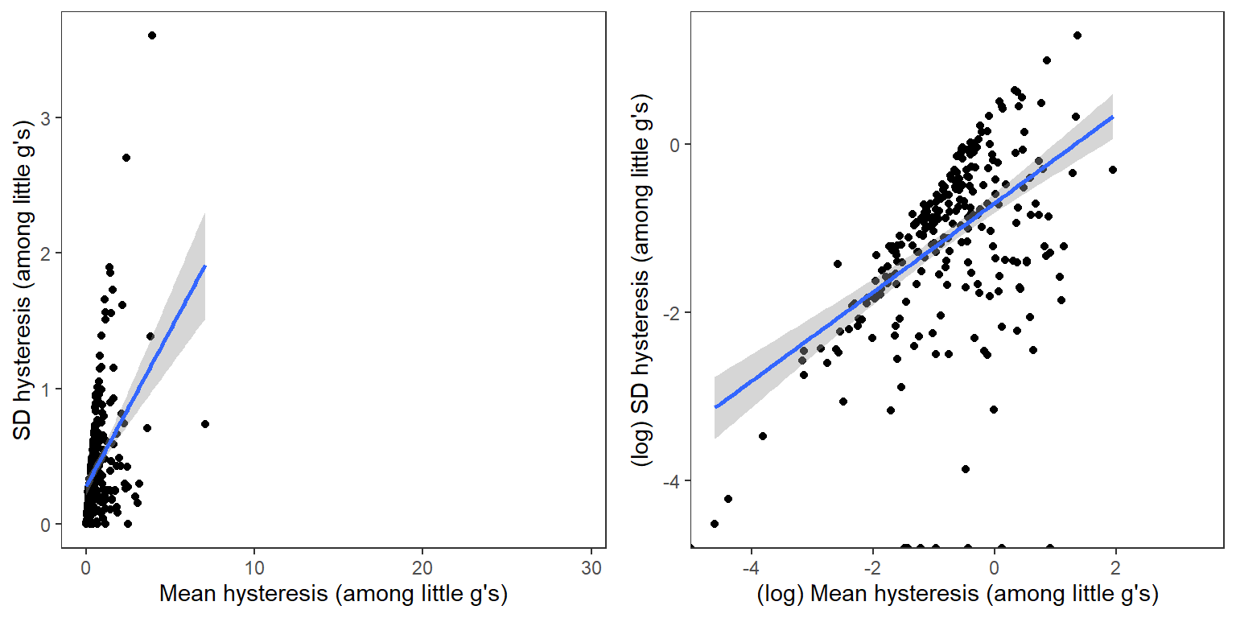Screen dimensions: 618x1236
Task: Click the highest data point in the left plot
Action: pyautogui.click(x=152, y=35)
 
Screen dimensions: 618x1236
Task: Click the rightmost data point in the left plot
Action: pyautogui.click(x=205, y=424)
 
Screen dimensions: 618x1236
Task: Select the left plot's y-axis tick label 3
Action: pyautogui.click(x=47, y=118)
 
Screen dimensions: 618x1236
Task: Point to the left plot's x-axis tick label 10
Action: pyautogui.click(x=253, y=566)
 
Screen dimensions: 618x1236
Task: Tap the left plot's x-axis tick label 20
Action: pyautogui.click(x=422, y=566)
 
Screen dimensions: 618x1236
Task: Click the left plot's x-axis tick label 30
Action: pyautogui.click(x=591, y=566)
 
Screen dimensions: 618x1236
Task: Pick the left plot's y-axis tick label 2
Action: pyautogui.click(x=47, y=253)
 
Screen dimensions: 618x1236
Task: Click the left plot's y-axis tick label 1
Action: pyautogui.click(x=47, y=389)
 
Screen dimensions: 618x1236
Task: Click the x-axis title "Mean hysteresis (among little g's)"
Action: pyautogui.click(x=333, y=595)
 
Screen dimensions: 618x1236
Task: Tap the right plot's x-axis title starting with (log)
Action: pyautogui.click(x=957, y=595)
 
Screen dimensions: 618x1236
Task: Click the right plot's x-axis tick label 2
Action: pyautogui.click(x=1115, y=566)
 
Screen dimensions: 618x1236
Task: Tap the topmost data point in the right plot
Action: pyautogui.click(x=1077, y=35)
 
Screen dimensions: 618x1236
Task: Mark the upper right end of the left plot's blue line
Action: pyautogui.click(x=205, y=266)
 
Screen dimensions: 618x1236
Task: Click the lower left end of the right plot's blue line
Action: pyautogui.click(x=715, y=407)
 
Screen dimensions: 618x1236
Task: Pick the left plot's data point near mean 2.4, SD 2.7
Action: pyautogui.click(x=126, y=158)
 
